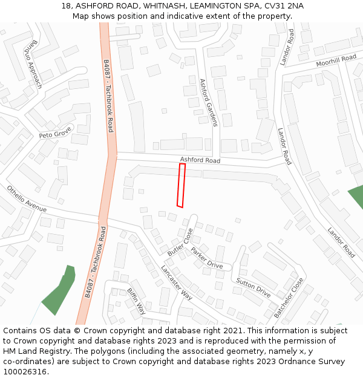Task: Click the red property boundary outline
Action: (x=181, y=185)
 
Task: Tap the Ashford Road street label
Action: (x=200, y=160)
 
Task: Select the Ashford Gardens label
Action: (x=208, y=102)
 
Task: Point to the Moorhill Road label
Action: (x=336, y=61)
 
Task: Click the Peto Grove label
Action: (x=55, y=132)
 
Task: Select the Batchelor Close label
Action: (x=289, y=298)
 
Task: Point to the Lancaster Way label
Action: (x=177, y=283)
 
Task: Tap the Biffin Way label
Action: (x=136, y=301)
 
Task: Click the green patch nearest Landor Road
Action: (x=356, y=197)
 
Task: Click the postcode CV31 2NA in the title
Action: (x=284, y=6)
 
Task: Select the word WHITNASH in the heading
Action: (x=163, y=6)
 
